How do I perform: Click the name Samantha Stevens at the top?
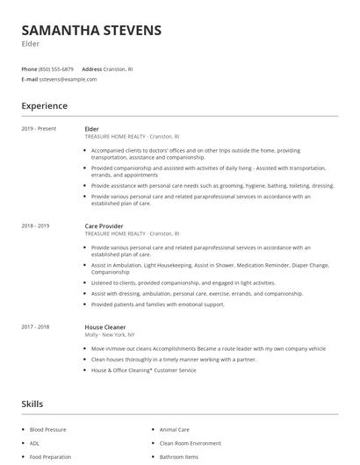click(x=91, y=30)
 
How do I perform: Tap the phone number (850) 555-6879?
click(x=56, y=69)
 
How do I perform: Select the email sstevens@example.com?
click(x=68, y=79)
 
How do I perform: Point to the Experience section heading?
click(x=44, y=106)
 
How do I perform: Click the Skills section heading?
click(x=32, y=404)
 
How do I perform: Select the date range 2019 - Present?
click(x=39, y=129)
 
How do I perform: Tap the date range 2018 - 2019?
click(x=36, y=226)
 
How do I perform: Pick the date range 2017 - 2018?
click(x=36, y=326)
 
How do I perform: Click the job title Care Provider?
click(x=104, y=226)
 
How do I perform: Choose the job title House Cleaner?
click(x=105, y=326)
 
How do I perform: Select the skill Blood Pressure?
click(x=49, y=430)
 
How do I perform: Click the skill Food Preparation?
click(x=50, y=456)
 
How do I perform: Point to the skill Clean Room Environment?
click(x=190, y=443)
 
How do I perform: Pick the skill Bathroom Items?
click(x=178, y=456)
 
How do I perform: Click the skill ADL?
click(x=34, y=443)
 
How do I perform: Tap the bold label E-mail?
click(x=30, y=79)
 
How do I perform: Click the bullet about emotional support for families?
click(x=157, y=304)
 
